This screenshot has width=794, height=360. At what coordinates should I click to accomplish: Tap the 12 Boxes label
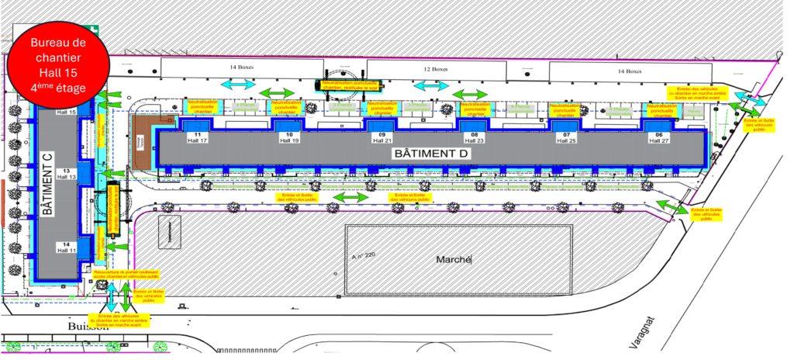tap(436, 69)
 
